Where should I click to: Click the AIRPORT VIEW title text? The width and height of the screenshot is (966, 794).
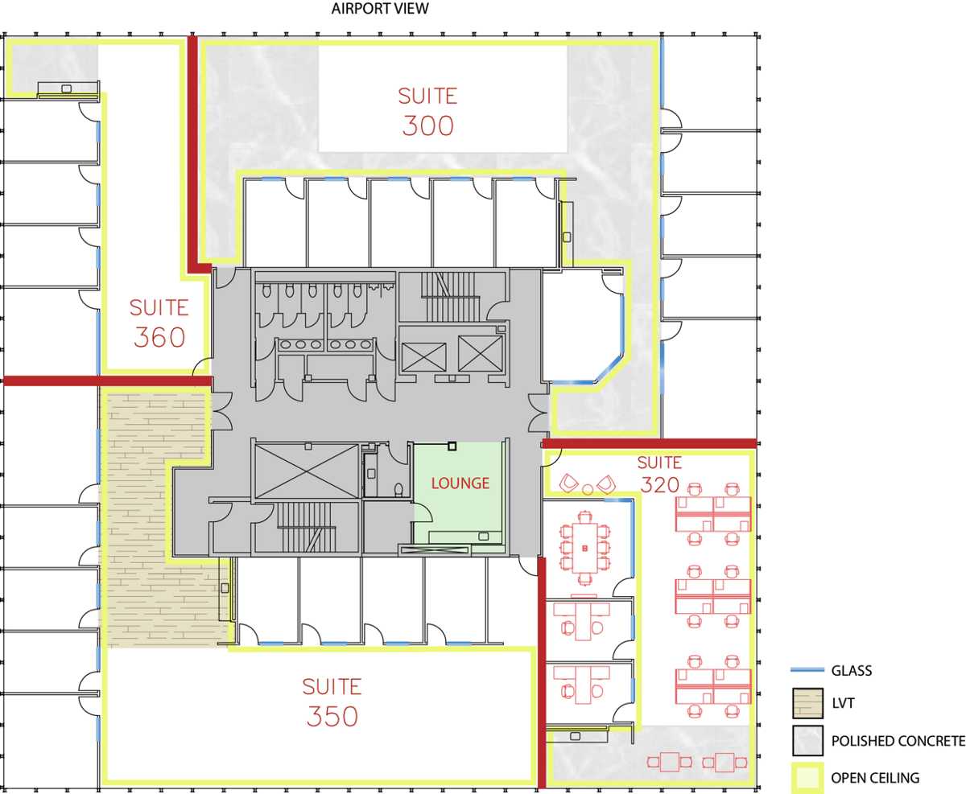[x=380, y=9]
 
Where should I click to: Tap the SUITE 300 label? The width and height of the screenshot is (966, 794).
[x=427, y=112]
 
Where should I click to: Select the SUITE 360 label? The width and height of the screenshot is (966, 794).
[x=159, y=323]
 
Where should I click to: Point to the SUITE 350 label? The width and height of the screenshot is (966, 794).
[x=332, y=702]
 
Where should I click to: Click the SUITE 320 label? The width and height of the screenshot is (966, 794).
[x=659, y=475]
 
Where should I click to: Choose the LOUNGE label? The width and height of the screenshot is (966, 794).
[x=460, y=483]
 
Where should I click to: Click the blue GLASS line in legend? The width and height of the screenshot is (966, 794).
[x=807, y=670]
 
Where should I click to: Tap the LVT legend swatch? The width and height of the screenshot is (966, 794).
[x=808, y=703]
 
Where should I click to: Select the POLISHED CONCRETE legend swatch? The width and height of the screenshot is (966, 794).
[x=808, y=740]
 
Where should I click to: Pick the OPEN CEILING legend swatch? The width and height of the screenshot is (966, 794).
[x=808, y=778]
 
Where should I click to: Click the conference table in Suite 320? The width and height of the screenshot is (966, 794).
[x=584, y=549]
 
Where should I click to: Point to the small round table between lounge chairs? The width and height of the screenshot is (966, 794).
[x=588, y=490]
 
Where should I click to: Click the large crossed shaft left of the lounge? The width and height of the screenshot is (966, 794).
[x=307, y=471]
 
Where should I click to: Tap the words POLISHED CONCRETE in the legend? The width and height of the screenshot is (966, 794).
[x=898, y=741]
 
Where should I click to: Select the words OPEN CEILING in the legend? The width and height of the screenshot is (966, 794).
[x=875, y=778]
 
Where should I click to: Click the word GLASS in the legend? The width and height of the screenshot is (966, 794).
[x=852, y=670]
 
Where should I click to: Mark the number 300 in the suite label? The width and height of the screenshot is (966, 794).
[x=427, y=125]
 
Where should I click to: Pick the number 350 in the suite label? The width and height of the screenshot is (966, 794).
[x=332, y=716]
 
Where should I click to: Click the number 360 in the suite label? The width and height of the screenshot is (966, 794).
[x=159, y=337]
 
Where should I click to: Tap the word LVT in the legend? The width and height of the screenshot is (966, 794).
[x=843, y=703]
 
